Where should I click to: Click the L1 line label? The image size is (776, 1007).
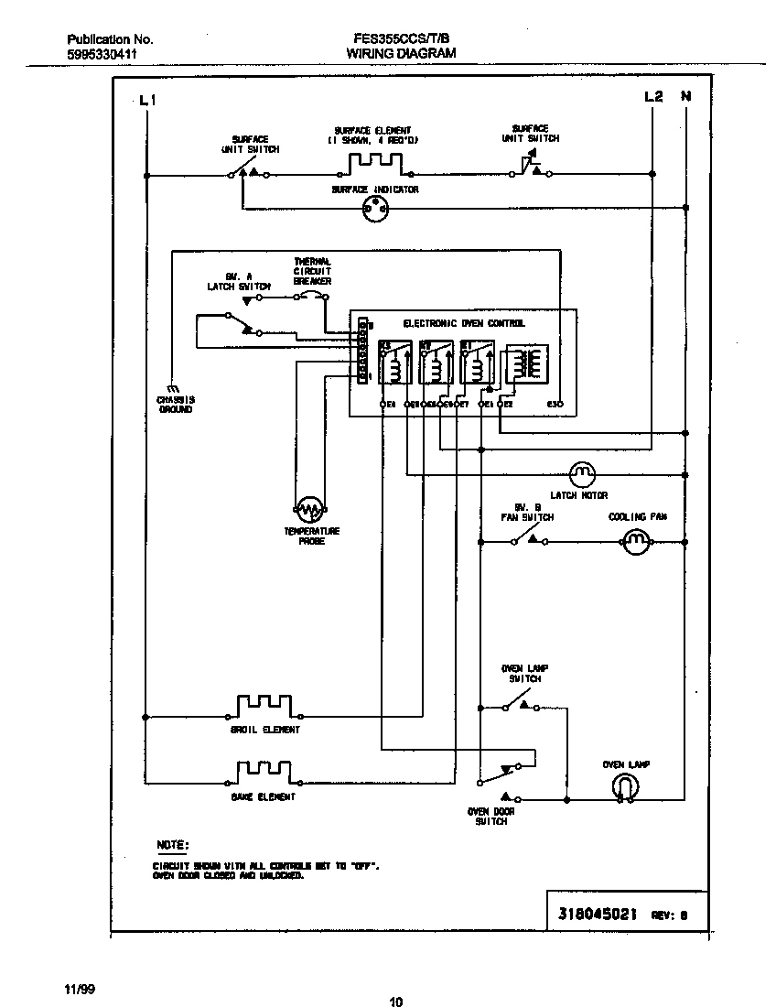point(147,101)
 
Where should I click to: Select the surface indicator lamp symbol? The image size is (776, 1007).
point(375,209)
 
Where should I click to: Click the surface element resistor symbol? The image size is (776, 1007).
point(375,165)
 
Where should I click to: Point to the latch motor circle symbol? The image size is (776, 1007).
point(582,474)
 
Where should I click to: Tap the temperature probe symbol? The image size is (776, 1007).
point(310,508)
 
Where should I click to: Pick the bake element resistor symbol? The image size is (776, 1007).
point(264,773)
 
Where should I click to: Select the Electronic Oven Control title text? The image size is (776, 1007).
point(464,324)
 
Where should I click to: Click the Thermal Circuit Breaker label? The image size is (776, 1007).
point(312,271)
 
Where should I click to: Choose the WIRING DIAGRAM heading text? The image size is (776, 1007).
point(400,54)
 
